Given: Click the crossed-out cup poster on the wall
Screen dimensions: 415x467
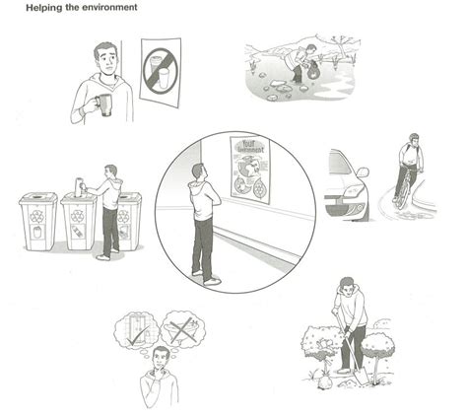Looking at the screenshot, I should [x=160, y=73].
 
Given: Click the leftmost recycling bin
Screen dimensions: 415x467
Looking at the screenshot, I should [x=36, y=222].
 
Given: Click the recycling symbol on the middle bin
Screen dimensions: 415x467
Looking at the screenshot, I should [x=78, y=215].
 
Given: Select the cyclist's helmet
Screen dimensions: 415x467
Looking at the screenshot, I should [x=414, y=137].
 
